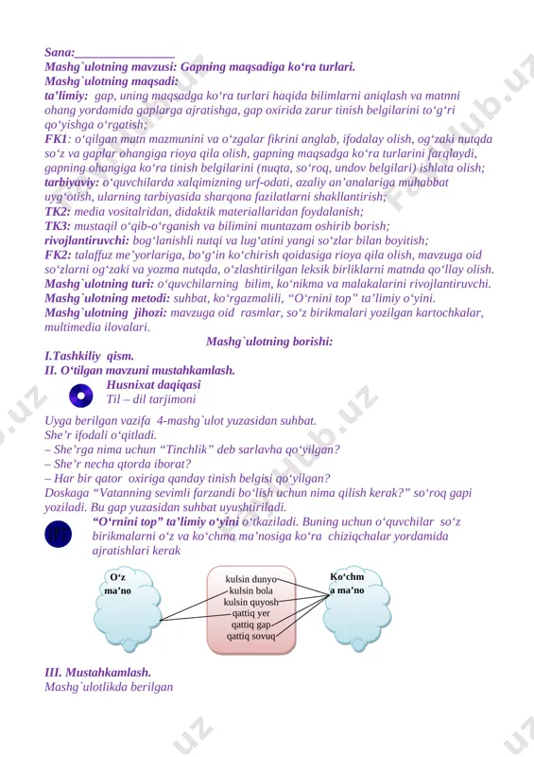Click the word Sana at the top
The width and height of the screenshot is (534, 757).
(58, 52)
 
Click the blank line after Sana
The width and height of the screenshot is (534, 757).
(125, 57)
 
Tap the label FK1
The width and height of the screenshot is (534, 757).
(56, 139)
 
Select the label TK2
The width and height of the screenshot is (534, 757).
(58, 211)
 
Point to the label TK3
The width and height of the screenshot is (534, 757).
(58, 226)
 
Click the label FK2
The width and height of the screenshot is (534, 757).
(58, 255)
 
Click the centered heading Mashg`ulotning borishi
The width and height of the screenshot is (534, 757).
(269, 342)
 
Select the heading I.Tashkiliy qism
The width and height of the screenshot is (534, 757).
(89, 357)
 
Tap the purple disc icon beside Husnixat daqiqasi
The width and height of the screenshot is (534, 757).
(81, 396)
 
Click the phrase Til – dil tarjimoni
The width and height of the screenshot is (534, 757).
(151, 399)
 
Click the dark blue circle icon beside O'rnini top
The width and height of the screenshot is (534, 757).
(59, 534)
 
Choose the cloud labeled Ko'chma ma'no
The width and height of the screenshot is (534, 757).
(357, 609)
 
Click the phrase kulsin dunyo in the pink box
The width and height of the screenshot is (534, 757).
(250, 579)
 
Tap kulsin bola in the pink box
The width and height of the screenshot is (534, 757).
(250, 590)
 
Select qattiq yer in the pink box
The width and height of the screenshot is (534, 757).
(250, 613)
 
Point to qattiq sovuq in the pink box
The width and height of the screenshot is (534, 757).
(250, 636)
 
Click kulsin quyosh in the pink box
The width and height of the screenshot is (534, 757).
(250, 602)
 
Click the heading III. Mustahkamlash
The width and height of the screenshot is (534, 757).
(98, 672)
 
